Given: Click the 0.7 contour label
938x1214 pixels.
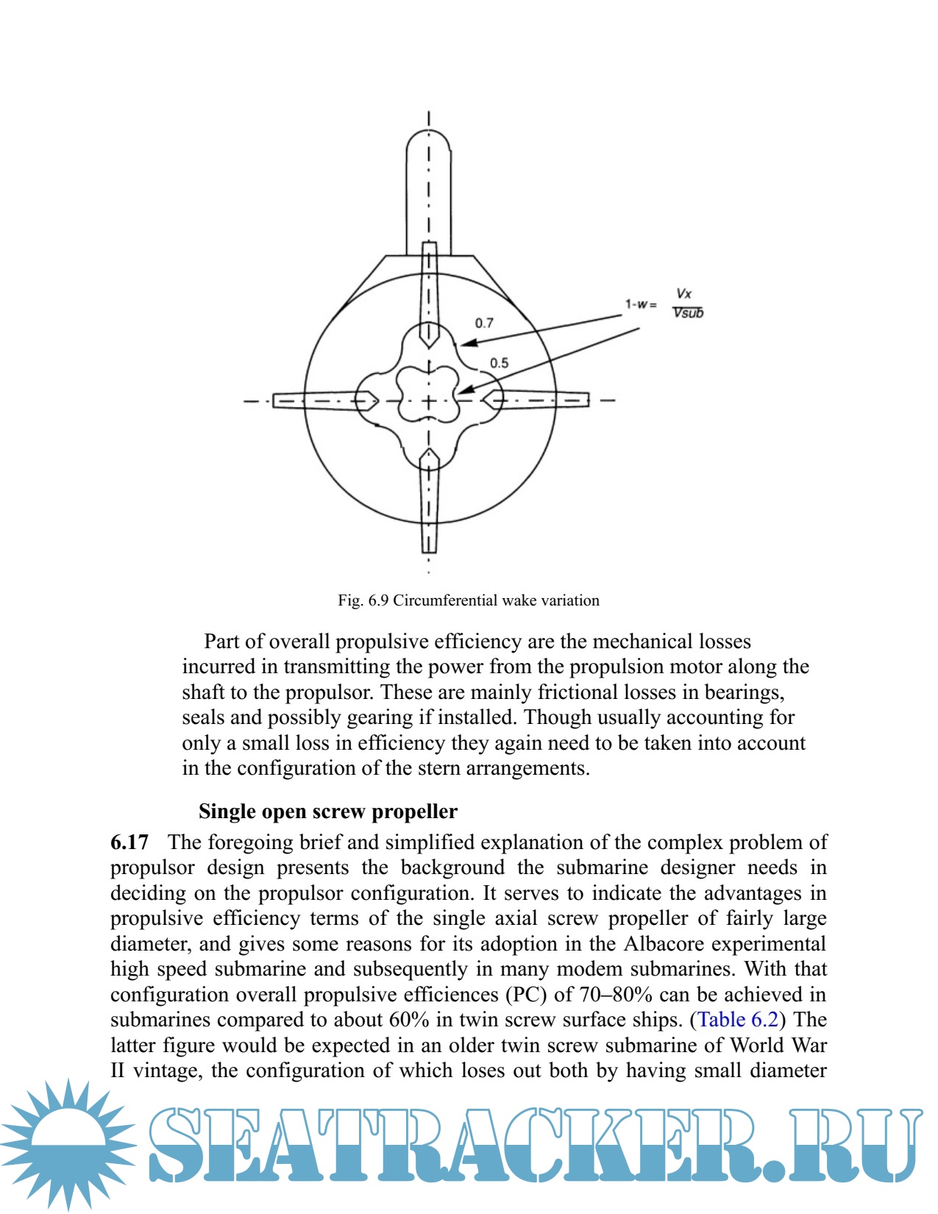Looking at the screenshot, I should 484,323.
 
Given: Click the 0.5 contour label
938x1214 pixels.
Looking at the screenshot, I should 499,363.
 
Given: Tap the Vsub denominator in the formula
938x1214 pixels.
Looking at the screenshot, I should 689,313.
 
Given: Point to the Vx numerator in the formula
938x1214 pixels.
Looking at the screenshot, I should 683,294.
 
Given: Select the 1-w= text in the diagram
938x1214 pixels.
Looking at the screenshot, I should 641,304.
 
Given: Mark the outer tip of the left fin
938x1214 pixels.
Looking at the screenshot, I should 275,400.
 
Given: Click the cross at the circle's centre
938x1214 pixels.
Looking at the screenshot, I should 429,401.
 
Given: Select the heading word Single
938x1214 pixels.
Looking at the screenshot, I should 226,812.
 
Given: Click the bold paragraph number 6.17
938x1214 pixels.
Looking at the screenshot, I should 129,842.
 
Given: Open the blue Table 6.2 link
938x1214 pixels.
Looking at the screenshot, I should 738,1020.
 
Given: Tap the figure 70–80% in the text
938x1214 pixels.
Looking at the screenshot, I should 616,995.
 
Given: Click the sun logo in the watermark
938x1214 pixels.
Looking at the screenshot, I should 68,1144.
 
